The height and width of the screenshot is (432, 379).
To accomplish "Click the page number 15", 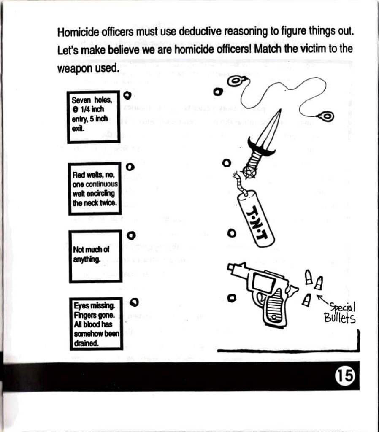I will (x=345, y=375).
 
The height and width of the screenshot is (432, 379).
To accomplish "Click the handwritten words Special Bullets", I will (x=340, y=313).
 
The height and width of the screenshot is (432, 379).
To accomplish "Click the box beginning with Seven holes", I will (x=93, y=117).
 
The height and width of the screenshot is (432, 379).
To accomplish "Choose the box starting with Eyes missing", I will (x=96, y=324).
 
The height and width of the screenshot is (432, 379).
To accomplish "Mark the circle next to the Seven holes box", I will (x=127, y=95).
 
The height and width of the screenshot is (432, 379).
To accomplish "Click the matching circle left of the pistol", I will (x=230, y=298).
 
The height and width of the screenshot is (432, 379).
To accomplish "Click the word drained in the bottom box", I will (x=86, y=343).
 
